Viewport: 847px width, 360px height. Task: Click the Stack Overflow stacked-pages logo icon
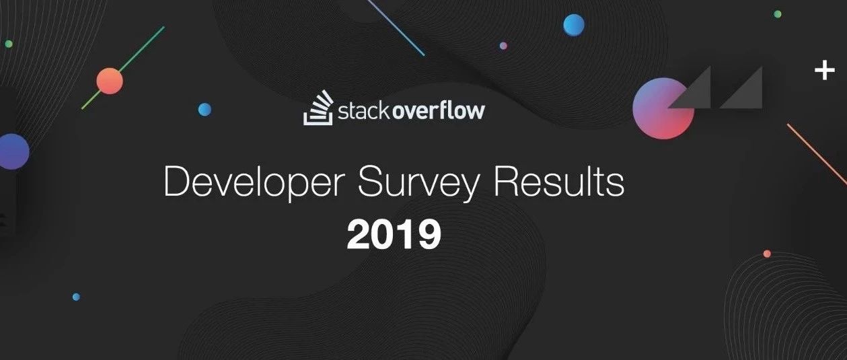(x=318, y=108)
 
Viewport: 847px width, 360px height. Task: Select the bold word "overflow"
(x=437, y=110)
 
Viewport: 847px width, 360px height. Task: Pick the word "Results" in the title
(x=559, y=181)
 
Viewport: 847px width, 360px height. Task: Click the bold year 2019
(x=394, y=234)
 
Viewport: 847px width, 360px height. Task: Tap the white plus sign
(x=825, y=71)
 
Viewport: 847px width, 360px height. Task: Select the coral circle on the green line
(x=110, y=81)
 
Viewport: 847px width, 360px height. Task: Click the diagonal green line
(x=123, y=68)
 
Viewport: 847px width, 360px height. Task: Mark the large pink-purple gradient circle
(x=663, y=108)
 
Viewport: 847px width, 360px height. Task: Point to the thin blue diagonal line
(x=395, y=28)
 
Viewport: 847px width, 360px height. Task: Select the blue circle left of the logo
(x=205, y=110)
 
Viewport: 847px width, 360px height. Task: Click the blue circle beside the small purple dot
(x=574, y=25)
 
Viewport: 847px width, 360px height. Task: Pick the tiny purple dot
(x=503, y=46)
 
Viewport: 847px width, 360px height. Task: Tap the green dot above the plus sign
(x=778, y=14)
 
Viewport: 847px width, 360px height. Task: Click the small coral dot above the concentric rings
(x=767, y=254)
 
